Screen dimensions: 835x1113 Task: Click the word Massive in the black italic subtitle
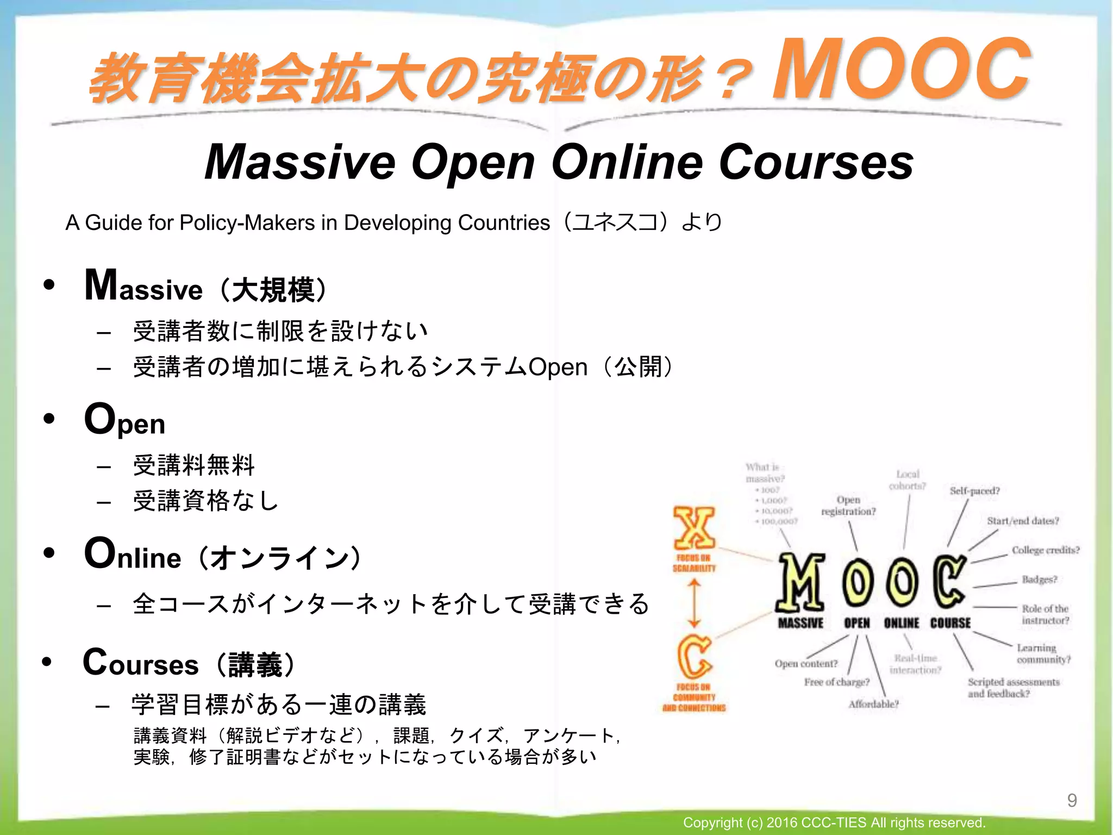coord(300,162)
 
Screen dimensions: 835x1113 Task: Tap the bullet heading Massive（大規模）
coord(207,287)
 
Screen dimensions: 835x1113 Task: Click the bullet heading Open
coord(125,420)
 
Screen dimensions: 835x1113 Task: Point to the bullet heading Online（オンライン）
coord(223,555)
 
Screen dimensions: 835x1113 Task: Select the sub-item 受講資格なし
coord(206,501)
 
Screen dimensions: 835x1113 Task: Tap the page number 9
coord(1072,800)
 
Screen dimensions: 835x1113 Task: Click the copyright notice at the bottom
coord(834,822)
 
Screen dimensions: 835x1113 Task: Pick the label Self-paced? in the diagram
coord(974,491)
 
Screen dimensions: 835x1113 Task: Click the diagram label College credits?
coord(1046,550)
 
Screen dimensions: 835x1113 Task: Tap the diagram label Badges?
coord(1039,579)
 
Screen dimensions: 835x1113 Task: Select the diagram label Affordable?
coord(873,704)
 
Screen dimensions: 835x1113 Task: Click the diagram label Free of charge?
coord(837,682)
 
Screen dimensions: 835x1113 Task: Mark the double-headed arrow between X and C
coord(695,604)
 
